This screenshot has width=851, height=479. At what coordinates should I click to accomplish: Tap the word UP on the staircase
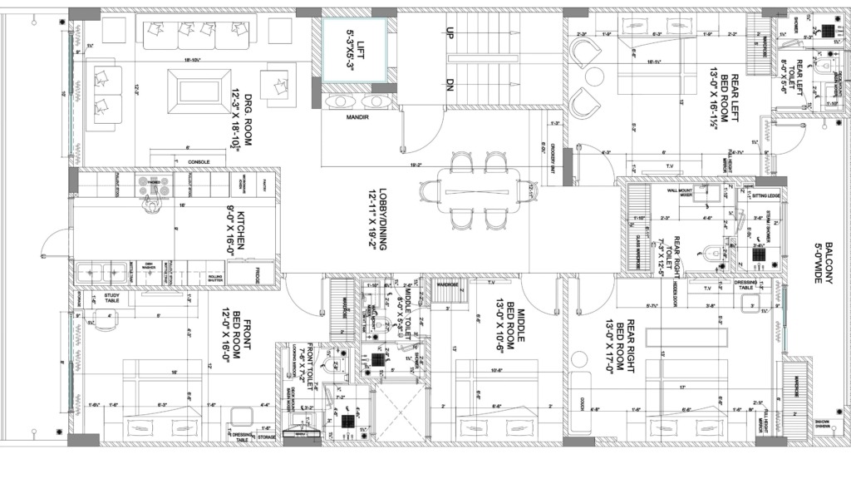click(x=450, y=34)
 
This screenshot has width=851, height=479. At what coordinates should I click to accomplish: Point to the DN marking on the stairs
click(x=450, y=85)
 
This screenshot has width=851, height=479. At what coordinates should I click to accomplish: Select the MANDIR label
click(x=357, y=118)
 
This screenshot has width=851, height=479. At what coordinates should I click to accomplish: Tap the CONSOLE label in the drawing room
click(x=199, y=161)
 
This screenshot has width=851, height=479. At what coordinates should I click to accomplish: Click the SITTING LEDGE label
click(x=765, y=196)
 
